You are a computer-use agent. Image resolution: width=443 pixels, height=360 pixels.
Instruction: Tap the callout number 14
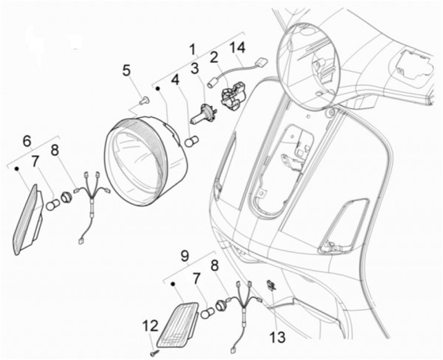tap(237, 48)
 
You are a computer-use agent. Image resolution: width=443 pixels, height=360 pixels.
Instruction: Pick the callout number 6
tap(27, 141)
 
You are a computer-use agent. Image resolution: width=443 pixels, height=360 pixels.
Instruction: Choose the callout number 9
tap(184, 254)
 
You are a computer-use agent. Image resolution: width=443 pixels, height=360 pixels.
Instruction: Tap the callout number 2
tap(214, 58)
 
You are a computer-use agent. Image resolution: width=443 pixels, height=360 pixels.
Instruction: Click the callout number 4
tap(175, 80)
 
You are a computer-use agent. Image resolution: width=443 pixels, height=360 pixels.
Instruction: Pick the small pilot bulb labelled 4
tap(190, 143)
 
